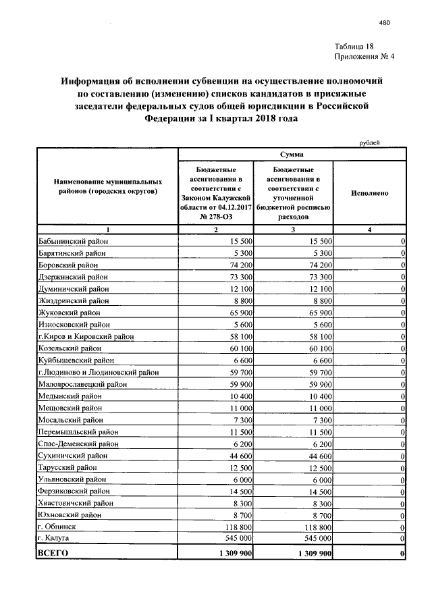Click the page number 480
(x=385, y=23)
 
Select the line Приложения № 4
(x=363, y=56)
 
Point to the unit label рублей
(x=369, y=142)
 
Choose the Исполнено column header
(x=369, y=192)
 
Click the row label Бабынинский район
(x=73, y=241)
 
